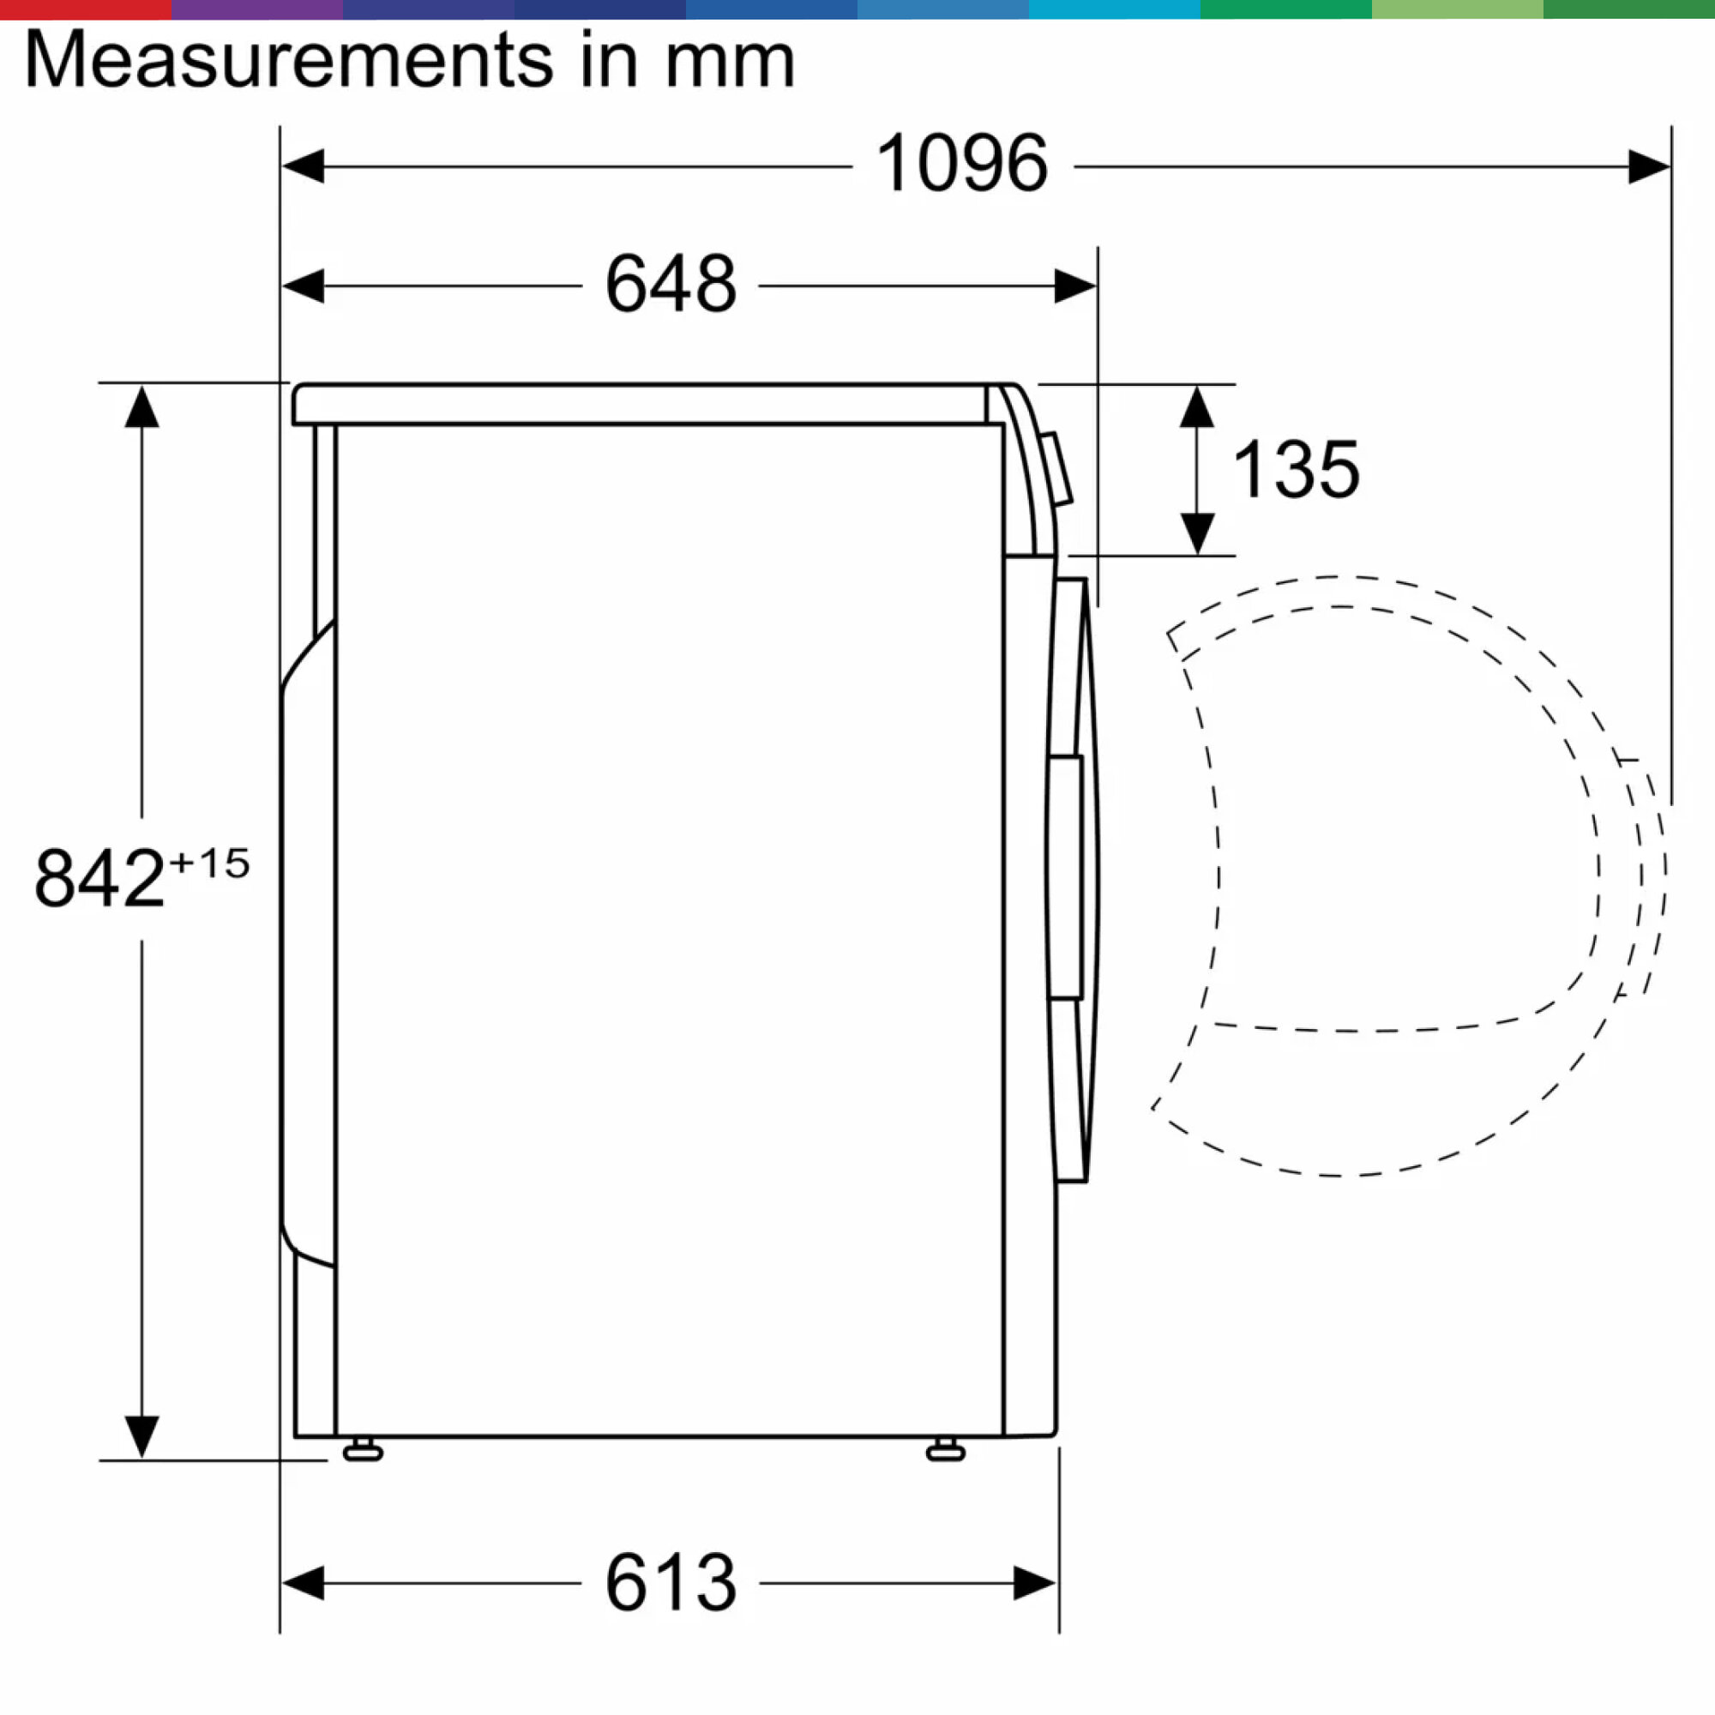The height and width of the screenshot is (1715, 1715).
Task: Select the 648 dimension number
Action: pos(671,284)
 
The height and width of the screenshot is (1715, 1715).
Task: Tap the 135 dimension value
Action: pos(1296,470)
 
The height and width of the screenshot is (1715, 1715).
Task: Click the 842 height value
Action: pos(99,878)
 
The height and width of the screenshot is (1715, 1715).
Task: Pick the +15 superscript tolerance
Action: pos(209,863)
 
